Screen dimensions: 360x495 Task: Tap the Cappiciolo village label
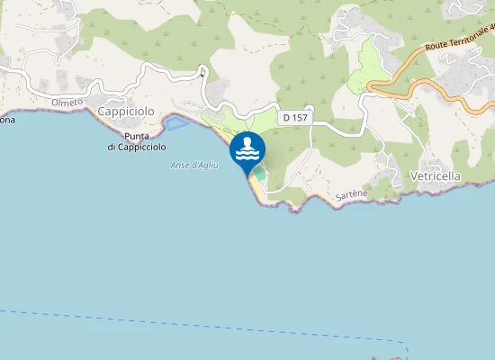(x=126, y=111)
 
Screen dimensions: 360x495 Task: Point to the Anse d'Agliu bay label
(x=192, y=165)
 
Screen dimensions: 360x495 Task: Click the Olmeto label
(x=67, y=103)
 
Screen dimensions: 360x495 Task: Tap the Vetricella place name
(x=435, y=176)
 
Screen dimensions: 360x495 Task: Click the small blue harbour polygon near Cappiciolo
(x=175, y=121)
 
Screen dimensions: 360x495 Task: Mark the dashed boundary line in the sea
(x=180, y=325)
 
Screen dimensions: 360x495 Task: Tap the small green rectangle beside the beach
(x=259, y=171)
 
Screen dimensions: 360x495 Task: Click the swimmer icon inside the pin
(x=247, y=148)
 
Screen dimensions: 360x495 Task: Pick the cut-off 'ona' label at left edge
(x=7, y=119)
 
